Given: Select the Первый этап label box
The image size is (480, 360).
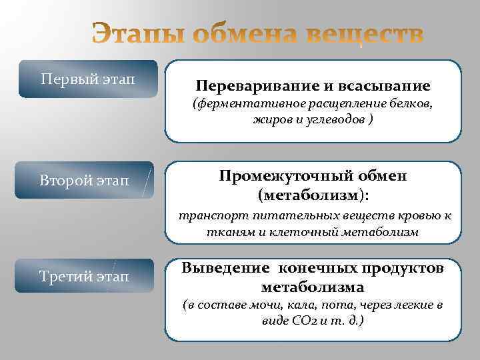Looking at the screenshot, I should point(88,79).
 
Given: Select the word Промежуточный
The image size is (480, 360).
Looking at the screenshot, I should point(280,176).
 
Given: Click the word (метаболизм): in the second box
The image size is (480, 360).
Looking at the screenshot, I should point(313,195).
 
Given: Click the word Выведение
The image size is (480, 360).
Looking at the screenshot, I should point(226,268).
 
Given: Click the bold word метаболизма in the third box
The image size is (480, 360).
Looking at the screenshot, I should point(313,287).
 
